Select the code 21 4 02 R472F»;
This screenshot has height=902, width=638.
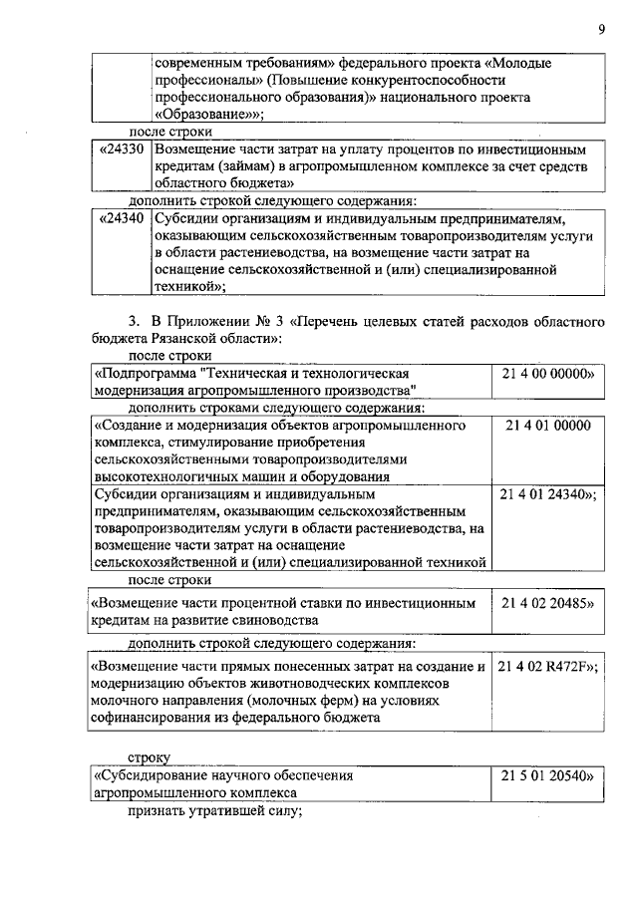tap(548, 666)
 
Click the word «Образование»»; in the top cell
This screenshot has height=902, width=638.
tap(205, 115)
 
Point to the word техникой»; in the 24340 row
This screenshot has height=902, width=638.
tap(190, 286)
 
